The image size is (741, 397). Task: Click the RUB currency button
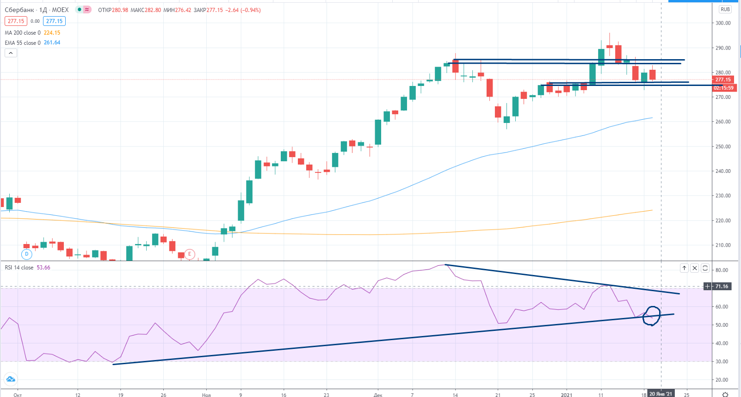(x=725, y=9)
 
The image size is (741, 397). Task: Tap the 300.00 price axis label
(x=723, y=23)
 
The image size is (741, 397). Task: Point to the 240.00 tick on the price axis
(x=723, y=171)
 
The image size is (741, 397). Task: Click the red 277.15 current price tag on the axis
(x=723, y=79)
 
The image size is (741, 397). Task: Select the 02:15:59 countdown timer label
(x=723, y=88)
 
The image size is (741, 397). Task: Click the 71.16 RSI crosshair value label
(x=721, y=287)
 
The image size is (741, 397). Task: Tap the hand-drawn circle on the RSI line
(x=652, y=316)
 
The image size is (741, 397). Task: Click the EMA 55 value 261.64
(x=52, y=43)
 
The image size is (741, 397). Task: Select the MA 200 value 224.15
(x=52, y=33)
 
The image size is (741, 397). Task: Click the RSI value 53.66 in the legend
(x=43, y=268)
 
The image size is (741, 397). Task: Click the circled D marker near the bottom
(x=27, y=254)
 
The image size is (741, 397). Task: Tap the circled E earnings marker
(x=189, y=254)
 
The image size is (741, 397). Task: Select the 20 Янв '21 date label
(x=661, y=394)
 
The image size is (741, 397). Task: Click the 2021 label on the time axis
(x=567, y=395)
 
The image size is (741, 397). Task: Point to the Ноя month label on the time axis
(x=206, y=395)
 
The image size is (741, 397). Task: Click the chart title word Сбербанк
(x=19, y=10)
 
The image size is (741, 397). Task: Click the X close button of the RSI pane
(x=694, y=268)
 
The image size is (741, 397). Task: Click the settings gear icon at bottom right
(x=725, y=394)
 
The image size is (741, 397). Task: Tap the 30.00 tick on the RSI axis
(x=722, y=361)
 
